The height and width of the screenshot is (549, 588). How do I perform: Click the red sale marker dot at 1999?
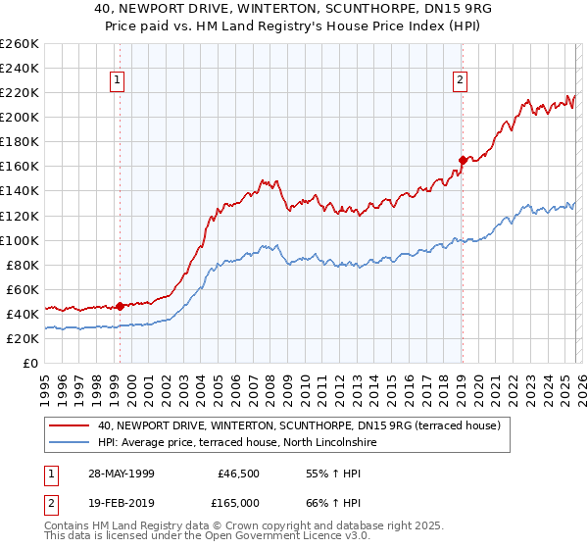[x=120, y=306]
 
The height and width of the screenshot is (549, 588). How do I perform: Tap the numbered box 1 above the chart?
[x=117, y=80]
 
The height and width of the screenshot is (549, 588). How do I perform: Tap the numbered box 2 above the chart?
[x=460, y=80]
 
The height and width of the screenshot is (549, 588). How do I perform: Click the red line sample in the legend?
[x=71, y=425]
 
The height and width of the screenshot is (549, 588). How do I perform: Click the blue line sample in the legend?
[x=71, y=443]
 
